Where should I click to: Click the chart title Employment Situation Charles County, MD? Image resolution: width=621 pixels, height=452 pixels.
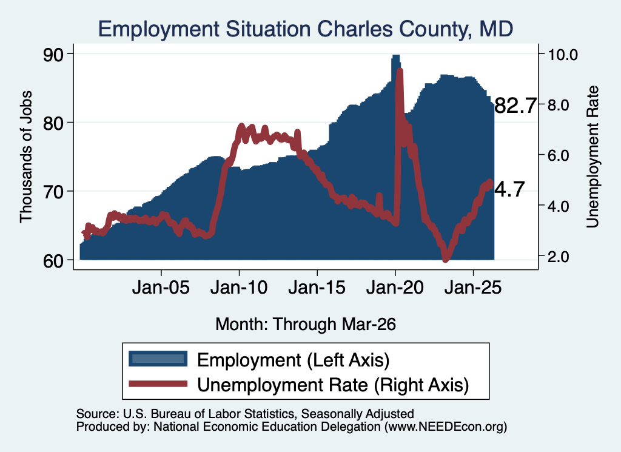click(306, 29)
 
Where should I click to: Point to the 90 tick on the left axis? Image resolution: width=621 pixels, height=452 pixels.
click(53, 54)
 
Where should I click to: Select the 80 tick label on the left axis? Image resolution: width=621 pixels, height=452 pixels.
click(53, 123)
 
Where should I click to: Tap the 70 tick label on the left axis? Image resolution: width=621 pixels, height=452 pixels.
click(53, 192)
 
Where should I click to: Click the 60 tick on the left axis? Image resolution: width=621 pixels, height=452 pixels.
click(53, 261)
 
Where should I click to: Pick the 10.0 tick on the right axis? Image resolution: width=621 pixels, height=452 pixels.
click(562, 55)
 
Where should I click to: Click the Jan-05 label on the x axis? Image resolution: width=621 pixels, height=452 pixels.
click(161, 287)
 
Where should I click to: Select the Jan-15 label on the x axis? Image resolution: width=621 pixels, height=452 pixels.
click(317, 287)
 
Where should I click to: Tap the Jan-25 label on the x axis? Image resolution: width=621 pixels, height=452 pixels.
click(473, 287)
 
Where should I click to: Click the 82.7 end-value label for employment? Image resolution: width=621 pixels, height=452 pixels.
click(515, 106)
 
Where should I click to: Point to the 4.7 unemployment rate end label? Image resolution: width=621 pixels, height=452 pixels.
click(510, 189)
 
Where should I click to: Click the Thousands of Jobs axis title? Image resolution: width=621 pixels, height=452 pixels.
click(25, 157)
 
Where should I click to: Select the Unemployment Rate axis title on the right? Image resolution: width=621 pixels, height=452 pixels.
click(592, 157)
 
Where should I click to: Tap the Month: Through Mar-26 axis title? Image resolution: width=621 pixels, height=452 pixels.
click(306, 324)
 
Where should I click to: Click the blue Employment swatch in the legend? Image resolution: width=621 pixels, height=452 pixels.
click(158, 359)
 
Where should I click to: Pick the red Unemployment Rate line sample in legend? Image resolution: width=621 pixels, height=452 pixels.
click(158, 384)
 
